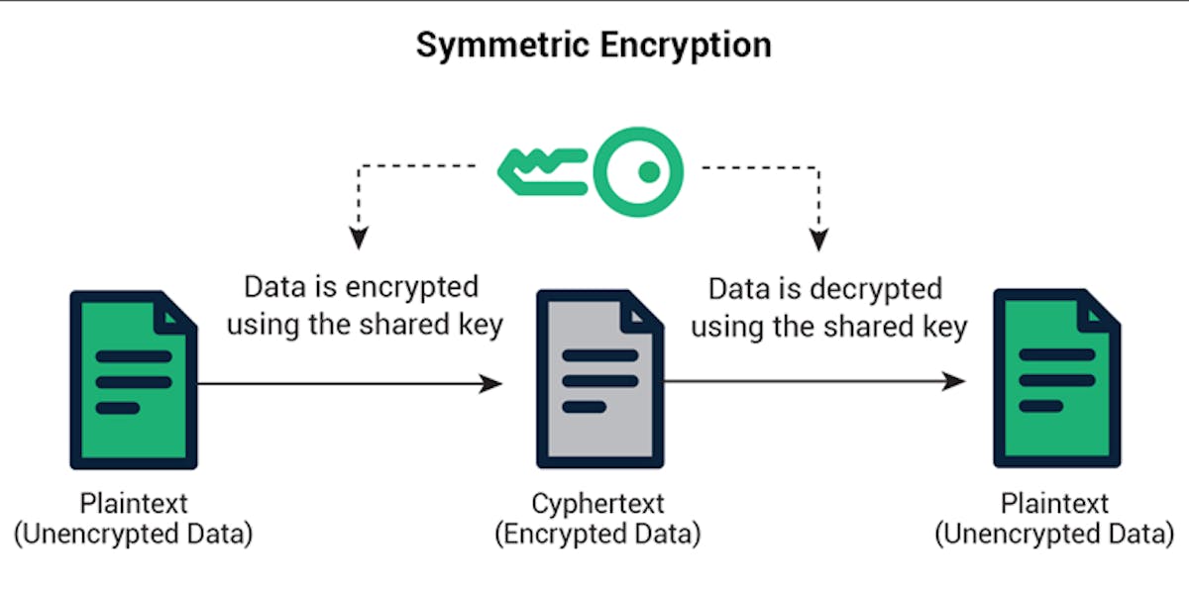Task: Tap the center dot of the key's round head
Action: (x=649, y=172)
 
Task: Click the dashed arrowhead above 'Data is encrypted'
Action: (x=359, y=238)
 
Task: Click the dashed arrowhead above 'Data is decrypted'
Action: (x=818, y=238)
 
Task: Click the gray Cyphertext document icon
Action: (x=599, y=379)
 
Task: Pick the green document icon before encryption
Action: (x=133, y=379)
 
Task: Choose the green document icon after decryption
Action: (x=1056, y=379)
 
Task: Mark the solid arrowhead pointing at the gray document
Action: (x=491, y=383)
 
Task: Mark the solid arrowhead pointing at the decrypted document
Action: (x=953, y=382)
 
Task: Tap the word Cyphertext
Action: (x=597, y=504)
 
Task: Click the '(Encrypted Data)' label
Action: (x=597, y=535)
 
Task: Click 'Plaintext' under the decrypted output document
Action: (x=1054, y=504)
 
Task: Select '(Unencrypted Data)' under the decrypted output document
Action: (x=1054, y=535)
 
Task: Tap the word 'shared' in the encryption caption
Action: (x=413, y=324)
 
